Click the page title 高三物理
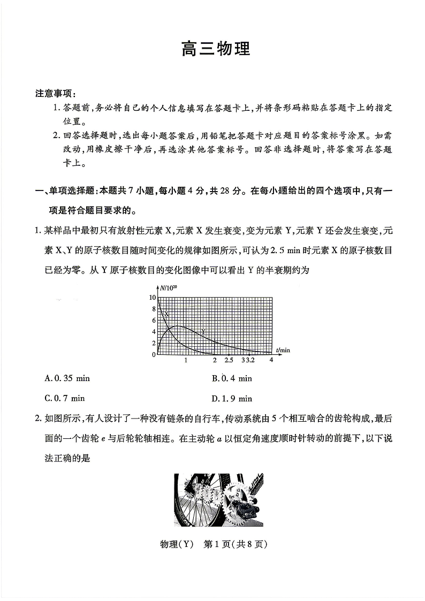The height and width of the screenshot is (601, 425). click(216, 50)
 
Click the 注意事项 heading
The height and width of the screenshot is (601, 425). click(56, 93)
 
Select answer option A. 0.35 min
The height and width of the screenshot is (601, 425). click(67, 378)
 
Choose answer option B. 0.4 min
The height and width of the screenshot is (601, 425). click(232, 378)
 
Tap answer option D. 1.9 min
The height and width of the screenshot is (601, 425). click(232, 398)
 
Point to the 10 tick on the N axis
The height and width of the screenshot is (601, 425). click(153, 297)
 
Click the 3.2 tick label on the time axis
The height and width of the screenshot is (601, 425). click(249, 360)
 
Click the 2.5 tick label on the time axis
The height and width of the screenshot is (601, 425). click(229, 360)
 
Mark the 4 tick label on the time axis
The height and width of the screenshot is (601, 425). click(271, 360)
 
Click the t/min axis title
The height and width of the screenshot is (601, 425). click(283, 350)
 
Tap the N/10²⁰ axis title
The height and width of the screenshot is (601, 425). click(169, 288)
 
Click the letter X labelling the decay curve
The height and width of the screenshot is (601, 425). click(166, 314)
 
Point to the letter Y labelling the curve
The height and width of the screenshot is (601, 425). click(203, 331)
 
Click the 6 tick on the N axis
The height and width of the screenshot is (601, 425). click(154, 320)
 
